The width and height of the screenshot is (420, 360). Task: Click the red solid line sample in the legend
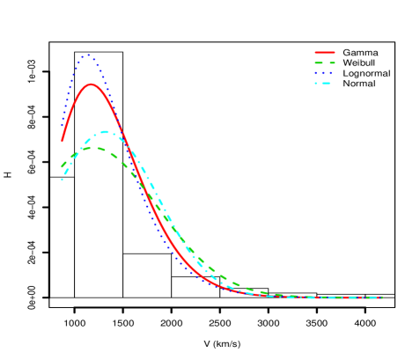tap(325, 53)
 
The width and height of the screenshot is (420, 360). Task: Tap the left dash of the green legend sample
tap(319, 63)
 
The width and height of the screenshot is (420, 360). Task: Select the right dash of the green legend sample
tap(331, 63)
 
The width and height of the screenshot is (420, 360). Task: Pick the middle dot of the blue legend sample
tap(324, 73)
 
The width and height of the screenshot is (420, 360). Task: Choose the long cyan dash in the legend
tap(327, 84)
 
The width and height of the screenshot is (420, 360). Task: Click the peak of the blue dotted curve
tap(88, 56)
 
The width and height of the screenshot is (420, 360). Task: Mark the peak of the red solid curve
tap(92, 84)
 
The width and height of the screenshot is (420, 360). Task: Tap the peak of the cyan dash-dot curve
tap(106, 132)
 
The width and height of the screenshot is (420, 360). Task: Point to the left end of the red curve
tap(63, 141)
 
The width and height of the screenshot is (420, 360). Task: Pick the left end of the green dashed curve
tap(62, 166)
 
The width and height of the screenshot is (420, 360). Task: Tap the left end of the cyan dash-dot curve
tap(62, 180)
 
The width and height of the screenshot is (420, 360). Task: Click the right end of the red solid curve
tap(382, 298)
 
